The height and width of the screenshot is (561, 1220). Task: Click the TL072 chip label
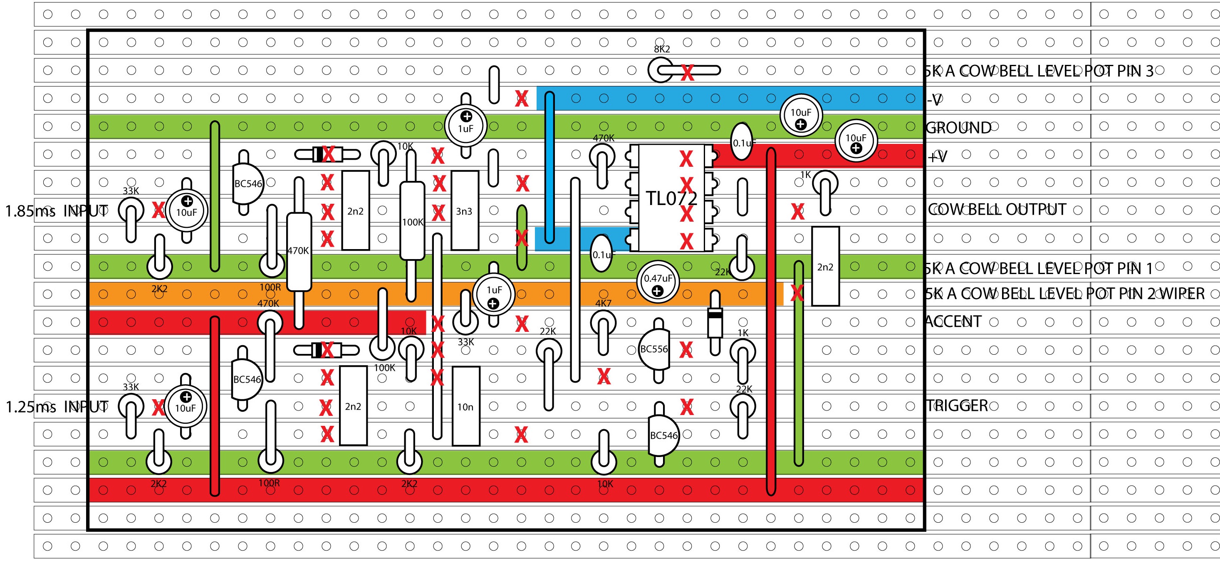672,199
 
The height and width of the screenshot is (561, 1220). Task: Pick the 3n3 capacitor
464,211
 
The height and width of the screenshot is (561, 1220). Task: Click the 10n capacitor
465,406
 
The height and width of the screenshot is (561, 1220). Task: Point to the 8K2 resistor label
662,49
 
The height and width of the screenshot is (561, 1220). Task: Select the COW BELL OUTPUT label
997,210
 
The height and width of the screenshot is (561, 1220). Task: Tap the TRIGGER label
957,406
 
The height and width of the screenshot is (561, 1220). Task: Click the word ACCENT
953,322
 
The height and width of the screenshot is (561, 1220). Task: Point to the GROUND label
958,128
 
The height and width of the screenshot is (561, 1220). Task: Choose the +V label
937,156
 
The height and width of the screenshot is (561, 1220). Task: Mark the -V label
934,100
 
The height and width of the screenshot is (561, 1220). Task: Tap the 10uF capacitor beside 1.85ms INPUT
187,211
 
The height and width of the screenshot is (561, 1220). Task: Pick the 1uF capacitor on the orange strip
493,294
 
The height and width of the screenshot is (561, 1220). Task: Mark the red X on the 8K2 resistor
687,72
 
